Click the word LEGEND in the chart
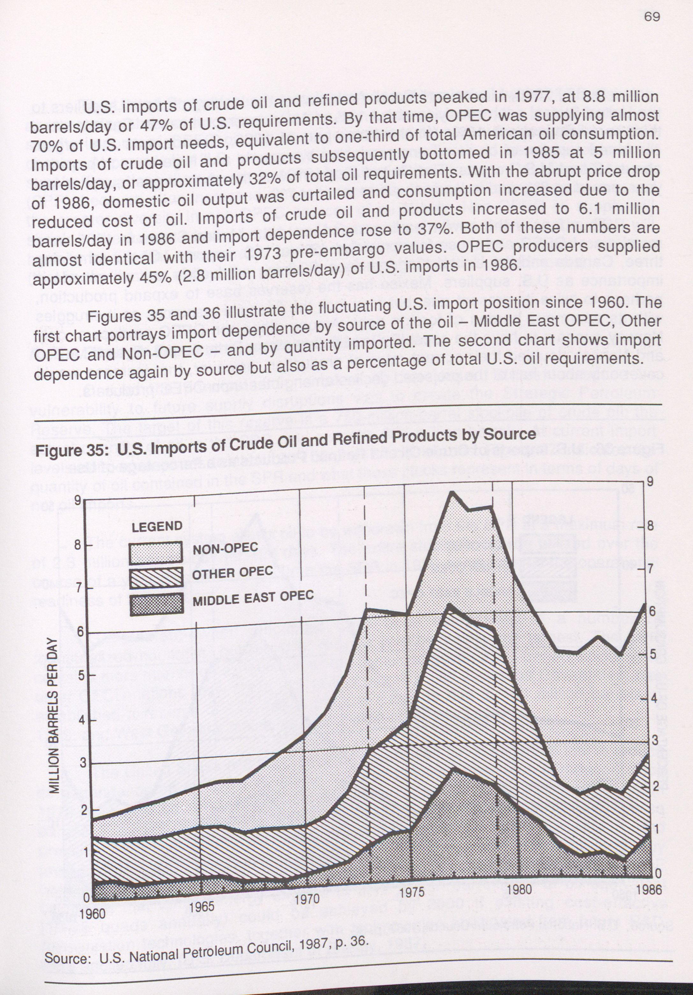click(157, 527)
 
